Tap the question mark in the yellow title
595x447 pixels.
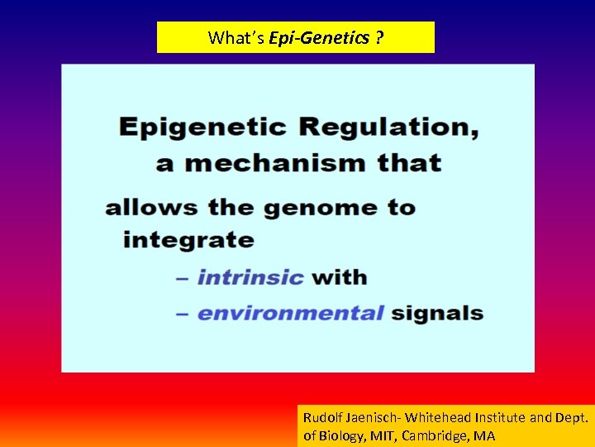pyautogui.click(x=378, y=37)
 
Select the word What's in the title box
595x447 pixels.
pyautogui.click(x=236, y=37)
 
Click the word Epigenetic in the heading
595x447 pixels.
pyautogui.click(x=203, y=127)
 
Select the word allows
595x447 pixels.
pyautogui.click(x=152, y=207)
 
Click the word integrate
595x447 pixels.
pyautogui.click(x=188, y=241)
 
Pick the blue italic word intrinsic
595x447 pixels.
pyautogui.click(x=250, y=277)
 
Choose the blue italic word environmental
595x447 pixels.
pyautogui.click(x=291, y=314)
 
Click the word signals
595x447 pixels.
pyautogui.click(x=437, y=314)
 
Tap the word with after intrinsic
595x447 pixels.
pyautogui.click(x=340, y=277)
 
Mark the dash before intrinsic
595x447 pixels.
pyautogui.click(x=183, y=278)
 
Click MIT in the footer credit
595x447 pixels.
pyautogui.click(x=383, y=435)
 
